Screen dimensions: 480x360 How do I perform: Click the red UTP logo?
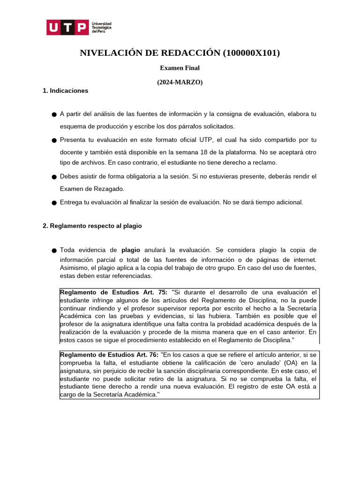coord(67,27)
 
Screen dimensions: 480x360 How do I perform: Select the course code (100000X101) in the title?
coord(252,53)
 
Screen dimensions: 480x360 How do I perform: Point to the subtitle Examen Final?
coord(180,68)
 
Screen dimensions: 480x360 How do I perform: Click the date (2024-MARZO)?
coord(180,82)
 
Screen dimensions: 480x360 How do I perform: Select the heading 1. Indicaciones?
coord(65,90)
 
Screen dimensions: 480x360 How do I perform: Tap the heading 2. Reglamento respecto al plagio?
coord(92,225)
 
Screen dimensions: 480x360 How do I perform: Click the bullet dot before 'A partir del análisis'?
coord(54,114)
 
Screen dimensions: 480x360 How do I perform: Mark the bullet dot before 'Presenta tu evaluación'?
coord(54,140)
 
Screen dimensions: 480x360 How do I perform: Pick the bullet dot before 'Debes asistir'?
coord(54,177)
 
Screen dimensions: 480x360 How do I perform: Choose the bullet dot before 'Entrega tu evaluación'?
coord(54,202)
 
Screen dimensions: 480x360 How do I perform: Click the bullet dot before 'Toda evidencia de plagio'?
coord(54,251)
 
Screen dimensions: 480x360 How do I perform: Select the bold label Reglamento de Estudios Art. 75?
coord(114,292)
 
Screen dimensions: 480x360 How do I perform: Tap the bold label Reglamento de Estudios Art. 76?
coord(109,355)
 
